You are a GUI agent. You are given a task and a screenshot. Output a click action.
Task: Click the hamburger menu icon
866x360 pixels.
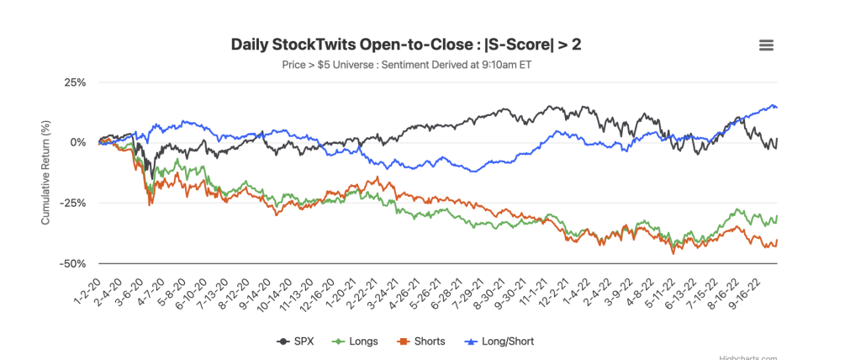point(766,45)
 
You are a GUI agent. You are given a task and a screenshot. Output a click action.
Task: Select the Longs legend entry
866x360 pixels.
point(356,341)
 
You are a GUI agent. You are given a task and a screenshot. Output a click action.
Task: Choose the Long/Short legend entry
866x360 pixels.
point(500,341)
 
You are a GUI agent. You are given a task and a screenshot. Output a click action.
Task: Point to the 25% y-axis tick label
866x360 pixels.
point(75,82)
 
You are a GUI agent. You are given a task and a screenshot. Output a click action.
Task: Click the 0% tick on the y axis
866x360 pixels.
point(78,143)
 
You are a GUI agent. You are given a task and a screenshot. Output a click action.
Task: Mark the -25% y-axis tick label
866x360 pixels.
point(73,204)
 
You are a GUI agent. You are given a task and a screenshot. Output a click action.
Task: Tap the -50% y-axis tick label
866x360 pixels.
point(73,264)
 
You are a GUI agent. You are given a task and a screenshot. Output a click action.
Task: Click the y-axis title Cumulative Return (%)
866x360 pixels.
point(45,172)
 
